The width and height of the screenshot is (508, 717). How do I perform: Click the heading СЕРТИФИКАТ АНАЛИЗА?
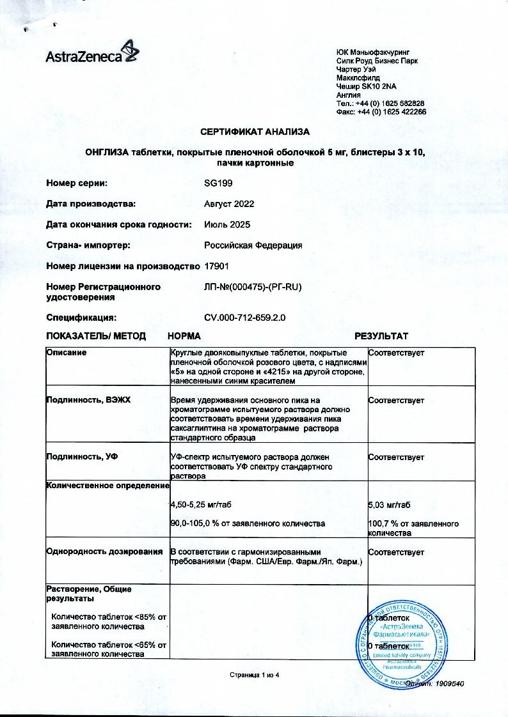point(255,132)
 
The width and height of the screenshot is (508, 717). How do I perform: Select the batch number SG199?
point(218,183)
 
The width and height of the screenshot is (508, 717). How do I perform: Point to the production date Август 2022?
point(229,204)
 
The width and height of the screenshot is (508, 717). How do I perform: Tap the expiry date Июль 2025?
point(227,224)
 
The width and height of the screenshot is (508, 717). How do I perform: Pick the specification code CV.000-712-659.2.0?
point(245,317)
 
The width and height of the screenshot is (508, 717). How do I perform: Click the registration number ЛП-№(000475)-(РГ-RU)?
point(252,287)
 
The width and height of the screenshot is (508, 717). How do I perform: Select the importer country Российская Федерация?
point(253,245)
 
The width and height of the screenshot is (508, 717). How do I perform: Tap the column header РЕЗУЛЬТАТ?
point(381,336)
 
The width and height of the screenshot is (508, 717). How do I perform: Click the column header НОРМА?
point(184,336)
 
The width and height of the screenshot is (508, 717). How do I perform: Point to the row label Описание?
point(67,353)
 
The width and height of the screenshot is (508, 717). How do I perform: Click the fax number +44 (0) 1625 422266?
point(390,111)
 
